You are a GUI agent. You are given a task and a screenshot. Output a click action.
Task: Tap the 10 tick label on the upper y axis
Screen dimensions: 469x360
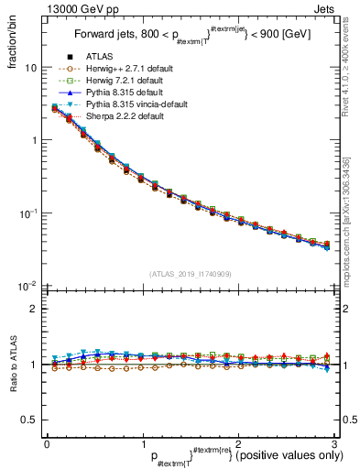tap(30, 68)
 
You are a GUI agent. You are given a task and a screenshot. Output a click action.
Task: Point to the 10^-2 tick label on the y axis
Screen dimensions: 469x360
tap(28, 286)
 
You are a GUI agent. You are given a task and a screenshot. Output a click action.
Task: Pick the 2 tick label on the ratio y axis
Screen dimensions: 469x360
tap(34, 309)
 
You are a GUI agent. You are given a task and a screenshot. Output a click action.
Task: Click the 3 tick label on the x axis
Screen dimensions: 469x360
tap(333, 443)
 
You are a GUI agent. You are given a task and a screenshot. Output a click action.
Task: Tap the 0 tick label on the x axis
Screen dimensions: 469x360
tap(47, 443)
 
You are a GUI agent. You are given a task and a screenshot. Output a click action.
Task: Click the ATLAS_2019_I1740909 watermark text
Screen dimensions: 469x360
tap(190, 274)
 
